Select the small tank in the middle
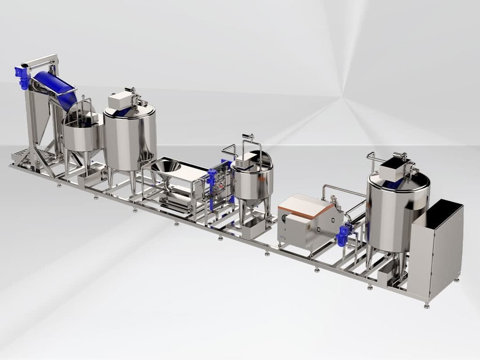[x=252, y=180]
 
